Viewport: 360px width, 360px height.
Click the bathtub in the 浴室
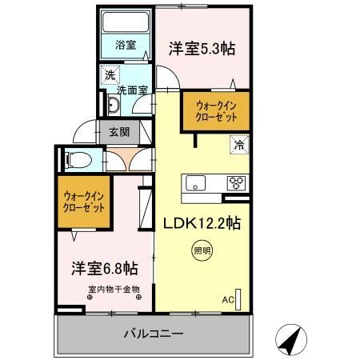coord(126,22)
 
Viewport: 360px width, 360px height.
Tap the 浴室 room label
coord(126,45)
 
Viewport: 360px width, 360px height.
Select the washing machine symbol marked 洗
coord(110,75)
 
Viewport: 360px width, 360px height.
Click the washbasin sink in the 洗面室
coord(114,105)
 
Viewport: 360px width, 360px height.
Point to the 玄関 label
coord(119,132)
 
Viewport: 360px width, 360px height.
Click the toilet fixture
coord(78,160)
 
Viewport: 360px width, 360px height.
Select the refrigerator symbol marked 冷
coord(239,145)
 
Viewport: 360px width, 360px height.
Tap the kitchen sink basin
coord(195,183)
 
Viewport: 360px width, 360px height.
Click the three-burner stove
coord(237,183)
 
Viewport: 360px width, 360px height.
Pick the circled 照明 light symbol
coord(202,250)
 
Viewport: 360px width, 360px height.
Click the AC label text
coord(228,300)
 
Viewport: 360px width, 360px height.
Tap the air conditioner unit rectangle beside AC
coord(238,300)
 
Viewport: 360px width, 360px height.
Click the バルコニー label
coord(154,334)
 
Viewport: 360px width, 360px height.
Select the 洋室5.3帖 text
coord(202,49)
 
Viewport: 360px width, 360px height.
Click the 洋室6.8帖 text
coord(105,268)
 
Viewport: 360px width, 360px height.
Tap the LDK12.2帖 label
coord(202,223)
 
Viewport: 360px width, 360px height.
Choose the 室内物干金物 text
coord(114,289)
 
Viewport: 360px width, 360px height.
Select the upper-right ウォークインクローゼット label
coord(216,111)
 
